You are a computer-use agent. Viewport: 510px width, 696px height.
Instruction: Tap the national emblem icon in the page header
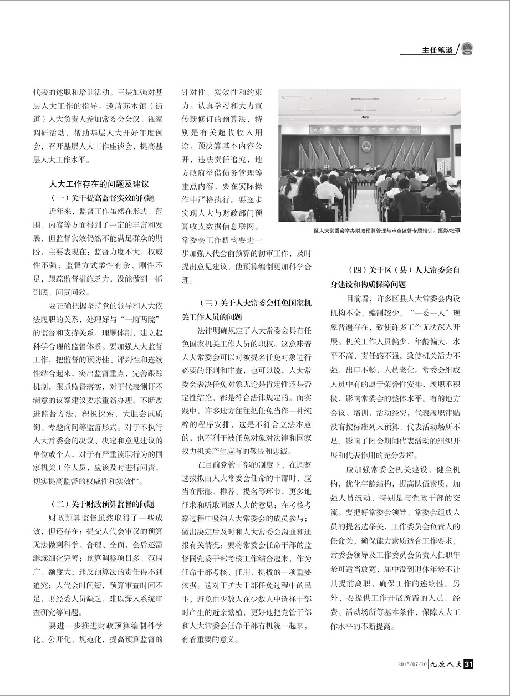(467, 48)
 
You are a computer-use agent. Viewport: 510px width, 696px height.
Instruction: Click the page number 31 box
(467, 664)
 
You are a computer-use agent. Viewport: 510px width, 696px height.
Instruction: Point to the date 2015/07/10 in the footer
(412, 664)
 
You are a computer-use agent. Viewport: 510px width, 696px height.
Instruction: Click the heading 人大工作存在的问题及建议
(99, 184)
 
